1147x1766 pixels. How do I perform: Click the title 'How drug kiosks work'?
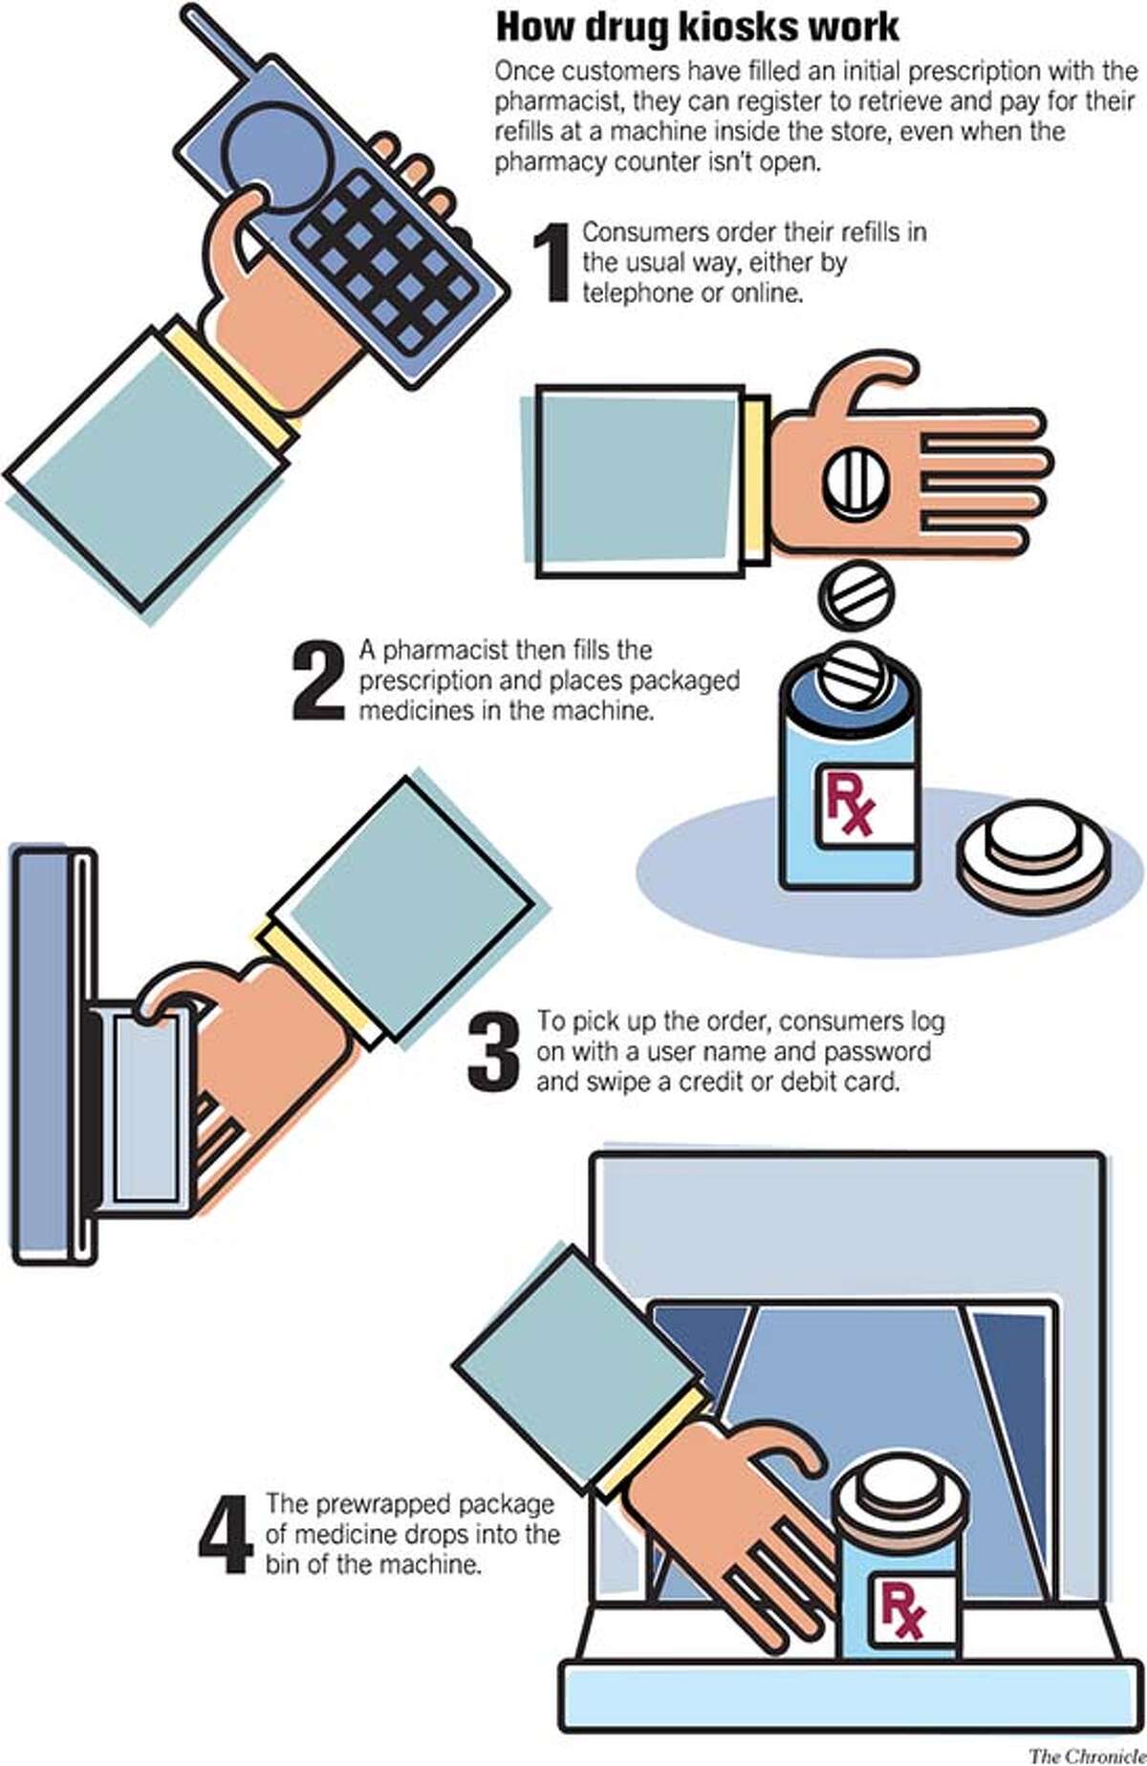pyautogui.click(x=697, y=28)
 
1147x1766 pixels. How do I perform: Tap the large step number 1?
pyautogui.click(x=552, y=263)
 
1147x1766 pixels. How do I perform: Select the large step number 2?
pyautogui.click(x=318, y=680)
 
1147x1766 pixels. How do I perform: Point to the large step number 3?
pyautogui.click(x=493, y=1052)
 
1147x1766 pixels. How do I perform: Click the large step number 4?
pyautogui.click(x=226, y=1534)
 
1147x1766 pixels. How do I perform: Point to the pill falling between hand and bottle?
pyautogui.click(x=857, y=594)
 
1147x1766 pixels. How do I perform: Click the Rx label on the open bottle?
pyautogui.click(x=850, y=806)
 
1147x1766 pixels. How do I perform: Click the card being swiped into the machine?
pyautogui.click(x=148, y=1109)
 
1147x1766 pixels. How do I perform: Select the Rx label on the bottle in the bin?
pyautogui.click(x=901, y=1609)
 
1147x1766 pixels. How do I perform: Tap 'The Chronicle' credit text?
pyautogui.click(x=1086, y=1755)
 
